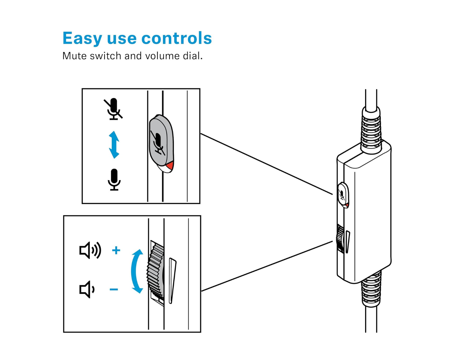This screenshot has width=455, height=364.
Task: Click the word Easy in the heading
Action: pyautogui.click(x=82, y=38)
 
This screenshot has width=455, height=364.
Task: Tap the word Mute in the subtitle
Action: pyautogui.click(x=74, y=56)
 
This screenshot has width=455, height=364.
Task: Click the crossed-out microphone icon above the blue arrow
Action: pyautogui.click(x=113, y=109)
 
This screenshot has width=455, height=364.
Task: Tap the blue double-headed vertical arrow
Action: pyautogui.click(x=114, y=145)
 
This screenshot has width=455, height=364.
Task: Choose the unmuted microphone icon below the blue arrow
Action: pyautogui.click(x=114, y=180)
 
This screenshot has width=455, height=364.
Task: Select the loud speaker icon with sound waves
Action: pyautogui.click(x=90, y=250)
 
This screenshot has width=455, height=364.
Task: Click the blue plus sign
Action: pyautogui.click(x=116, y=250)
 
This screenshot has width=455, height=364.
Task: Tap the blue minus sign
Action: pyautogui.click(x=114, y=289)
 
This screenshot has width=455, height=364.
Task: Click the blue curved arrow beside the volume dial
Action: pyautogui.click(x=136, y=271)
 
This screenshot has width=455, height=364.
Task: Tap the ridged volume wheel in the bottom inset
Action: pyautogui.click(x=156, y=272)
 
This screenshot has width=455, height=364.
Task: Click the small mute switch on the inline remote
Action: pyautogui.click(x=343, y=195)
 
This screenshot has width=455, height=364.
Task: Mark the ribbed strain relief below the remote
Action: pyautogui.click(x=371, y=290)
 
